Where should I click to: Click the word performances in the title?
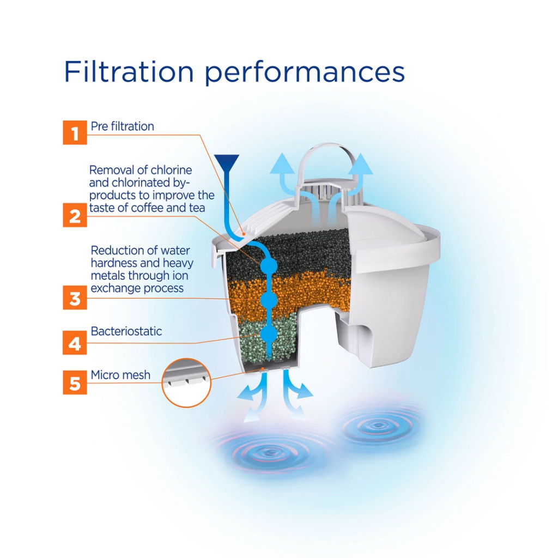305,74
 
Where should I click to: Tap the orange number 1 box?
75,132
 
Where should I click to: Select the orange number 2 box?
75,215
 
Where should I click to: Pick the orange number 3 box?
75,298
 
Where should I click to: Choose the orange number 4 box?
75,343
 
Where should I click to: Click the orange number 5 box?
75,382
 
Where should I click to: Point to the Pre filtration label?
123,126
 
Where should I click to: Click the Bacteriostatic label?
126,331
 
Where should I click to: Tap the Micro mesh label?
120,375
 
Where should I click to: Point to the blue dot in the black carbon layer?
269,265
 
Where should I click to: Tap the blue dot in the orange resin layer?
269,301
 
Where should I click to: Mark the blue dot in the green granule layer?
269,335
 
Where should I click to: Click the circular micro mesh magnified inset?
186,383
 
